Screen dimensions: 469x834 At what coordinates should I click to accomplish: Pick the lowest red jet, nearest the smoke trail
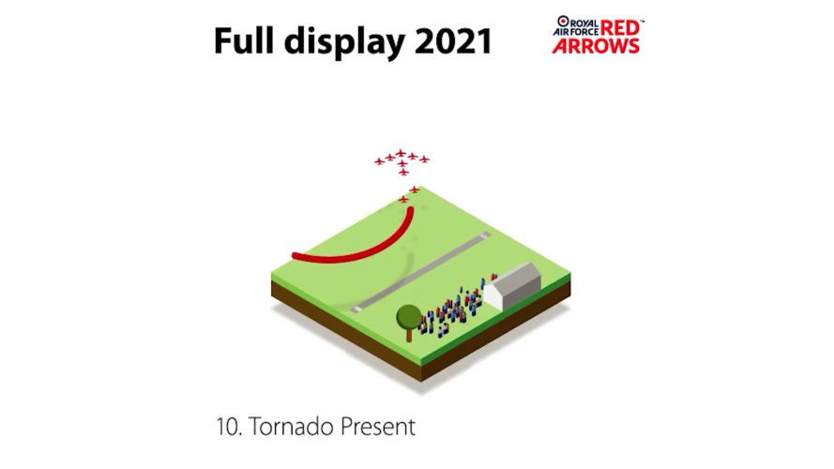(x=404, y=199)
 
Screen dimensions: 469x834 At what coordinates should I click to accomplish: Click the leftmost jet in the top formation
(x=380, y=161)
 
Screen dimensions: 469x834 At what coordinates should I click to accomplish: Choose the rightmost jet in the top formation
(x=424, y=159)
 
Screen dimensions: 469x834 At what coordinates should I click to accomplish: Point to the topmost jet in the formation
(x=401, y=152)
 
